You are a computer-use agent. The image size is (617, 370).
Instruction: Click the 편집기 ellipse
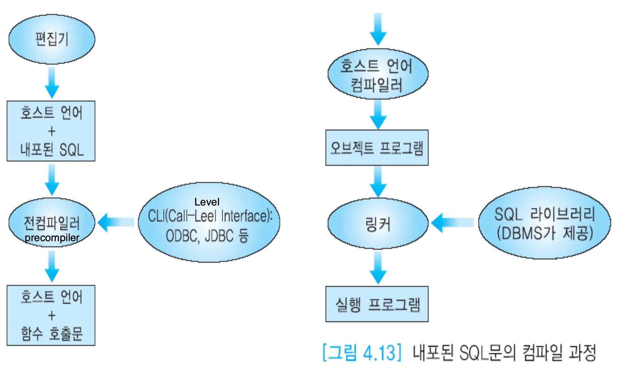click(x=52, y=39)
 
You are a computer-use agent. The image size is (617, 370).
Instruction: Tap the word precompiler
click(x=52, y=238)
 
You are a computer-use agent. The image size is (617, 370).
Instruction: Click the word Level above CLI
click(x=207, y=202)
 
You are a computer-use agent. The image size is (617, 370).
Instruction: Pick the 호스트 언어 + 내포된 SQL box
click(x=51, y=131)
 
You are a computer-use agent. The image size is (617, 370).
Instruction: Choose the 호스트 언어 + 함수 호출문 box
click(x=51, y=316)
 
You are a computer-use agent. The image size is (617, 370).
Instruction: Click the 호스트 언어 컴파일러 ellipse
click(x=378, y=74)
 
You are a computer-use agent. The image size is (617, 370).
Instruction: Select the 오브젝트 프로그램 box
click(x=377, y=148)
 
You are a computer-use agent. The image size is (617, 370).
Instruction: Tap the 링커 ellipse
click(x=378, y=224)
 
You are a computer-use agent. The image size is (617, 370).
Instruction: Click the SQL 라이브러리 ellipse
click(x=544, y=223)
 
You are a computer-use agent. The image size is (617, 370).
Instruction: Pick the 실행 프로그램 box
click(x=377, y=304)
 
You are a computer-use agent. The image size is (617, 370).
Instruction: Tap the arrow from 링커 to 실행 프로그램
click(x=378, y=268)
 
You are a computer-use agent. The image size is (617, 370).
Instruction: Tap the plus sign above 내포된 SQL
click(x=52, y=131)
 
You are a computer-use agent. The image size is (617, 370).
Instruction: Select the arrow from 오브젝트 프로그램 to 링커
click(x=378, y=181)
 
